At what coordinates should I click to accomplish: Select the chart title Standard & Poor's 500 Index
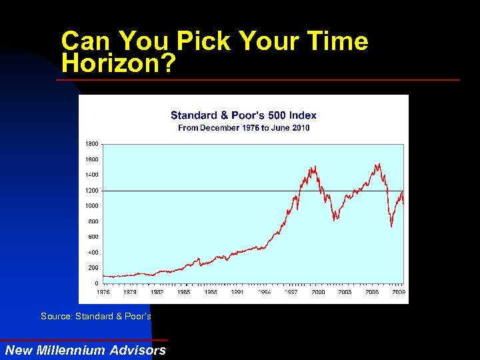pyautogui.click(x=243, y=115)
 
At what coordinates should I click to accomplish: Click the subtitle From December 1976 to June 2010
pyautogui.click(x=243, y=127)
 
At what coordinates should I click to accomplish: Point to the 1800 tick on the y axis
pyautogui.click(x=91, y=144)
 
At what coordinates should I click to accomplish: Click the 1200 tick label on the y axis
pyautogui.click(x=91, y=191)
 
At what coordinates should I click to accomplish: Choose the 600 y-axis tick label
pyautogui.click(x=93, y=237)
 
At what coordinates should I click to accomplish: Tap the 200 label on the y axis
pyautogui.click(x=93, y=268)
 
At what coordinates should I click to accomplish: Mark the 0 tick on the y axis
pyautogui.click(x=96, y=283)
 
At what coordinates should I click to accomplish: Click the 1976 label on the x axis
pyautogui.click(x=103, y=292)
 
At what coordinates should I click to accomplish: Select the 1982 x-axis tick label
pyautogui.click(x=157, y=292)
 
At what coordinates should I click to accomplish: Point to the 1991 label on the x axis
pyautogui.click(x=237, y=292)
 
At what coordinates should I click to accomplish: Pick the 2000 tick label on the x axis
pyautogui.click(x=318, y=292)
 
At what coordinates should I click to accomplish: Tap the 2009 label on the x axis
pyautogui.click(x=399, y=292)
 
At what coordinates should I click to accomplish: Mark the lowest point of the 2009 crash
pyautogui.click(x=391, y=227)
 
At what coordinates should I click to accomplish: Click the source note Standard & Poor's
pyautogui.click(x=96, y=316)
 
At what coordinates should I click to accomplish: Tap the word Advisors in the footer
pyautogui.click(x=139, y=351)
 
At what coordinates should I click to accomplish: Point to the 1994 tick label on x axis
pyautogui.click(x=264, y=292)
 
